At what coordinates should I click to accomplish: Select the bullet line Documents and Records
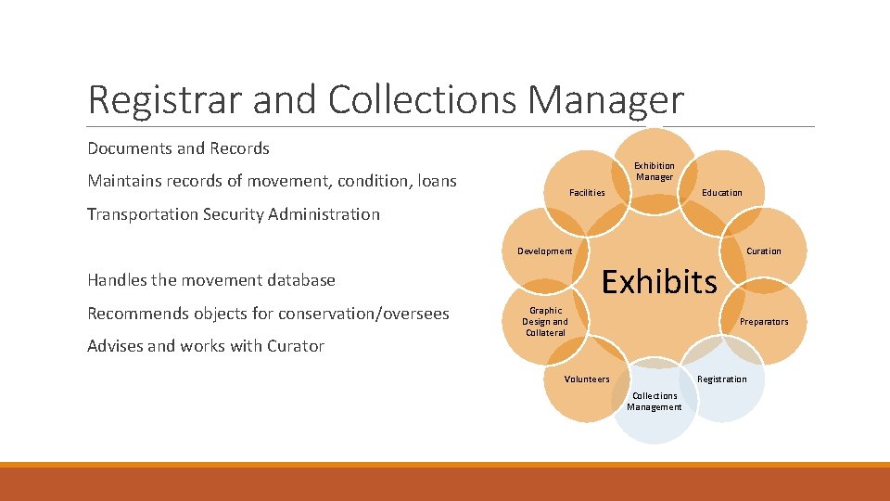178,148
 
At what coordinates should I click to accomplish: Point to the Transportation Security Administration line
233,214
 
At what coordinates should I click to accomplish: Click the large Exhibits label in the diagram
659,280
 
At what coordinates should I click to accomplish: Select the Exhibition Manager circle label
654,172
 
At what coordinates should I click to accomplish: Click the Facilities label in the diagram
587,193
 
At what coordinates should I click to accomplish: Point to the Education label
721,193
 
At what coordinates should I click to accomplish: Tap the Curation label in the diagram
763,251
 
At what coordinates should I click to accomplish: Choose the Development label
544,251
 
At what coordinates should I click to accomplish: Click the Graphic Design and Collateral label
545,322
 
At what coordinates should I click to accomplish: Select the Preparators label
763,322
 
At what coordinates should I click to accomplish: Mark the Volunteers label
587,379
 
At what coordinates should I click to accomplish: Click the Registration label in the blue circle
721,379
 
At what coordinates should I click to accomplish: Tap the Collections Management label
654,401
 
